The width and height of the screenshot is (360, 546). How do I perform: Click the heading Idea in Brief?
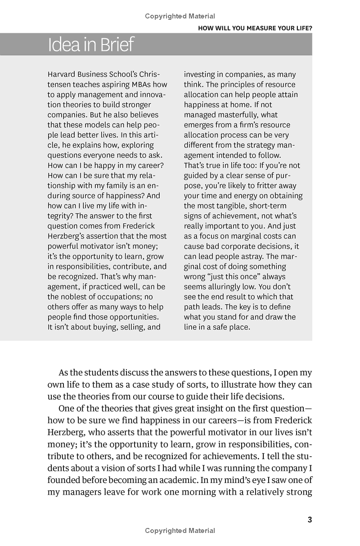tap(91, 45)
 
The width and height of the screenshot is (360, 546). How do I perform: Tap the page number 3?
tap(310, 520)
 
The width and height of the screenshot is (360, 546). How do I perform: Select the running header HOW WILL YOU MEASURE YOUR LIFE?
tap(255, 28)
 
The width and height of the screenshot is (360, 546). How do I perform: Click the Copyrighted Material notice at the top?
tap(180, 16)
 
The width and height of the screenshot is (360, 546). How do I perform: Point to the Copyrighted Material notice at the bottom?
tap(180, 531)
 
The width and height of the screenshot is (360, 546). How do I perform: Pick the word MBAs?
tap(138, 85)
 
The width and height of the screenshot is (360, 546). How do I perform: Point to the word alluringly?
tap(229, 287)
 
